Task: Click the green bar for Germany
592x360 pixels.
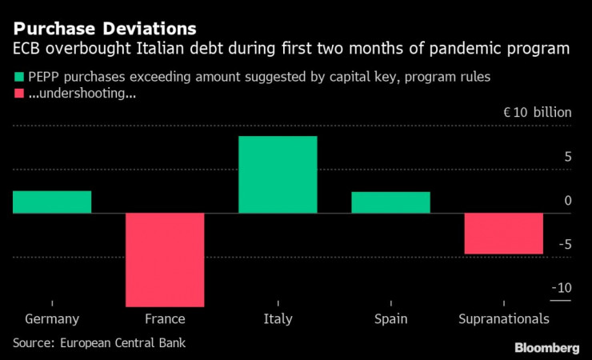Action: [52, 202]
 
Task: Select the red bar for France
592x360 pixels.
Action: [164, 259]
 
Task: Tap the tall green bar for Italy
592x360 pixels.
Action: [278, 175]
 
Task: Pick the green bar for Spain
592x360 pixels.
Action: [390, 203]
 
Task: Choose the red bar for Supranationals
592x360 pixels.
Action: [503, 233]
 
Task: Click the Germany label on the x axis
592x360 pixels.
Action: [52, 319]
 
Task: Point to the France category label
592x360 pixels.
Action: [165, 319]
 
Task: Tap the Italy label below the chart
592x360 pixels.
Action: [278, 319]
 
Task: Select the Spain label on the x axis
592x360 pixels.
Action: [390, 319]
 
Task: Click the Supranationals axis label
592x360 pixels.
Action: [504, 319]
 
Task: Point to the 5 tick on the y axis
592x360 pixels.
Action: [567, 157]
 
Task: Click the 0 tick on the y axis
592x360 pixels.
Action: [567, 201]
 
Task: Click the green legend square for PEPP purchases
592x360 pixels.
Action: [18, 78]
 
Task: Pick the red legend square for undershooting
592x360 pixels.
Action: [18, 95]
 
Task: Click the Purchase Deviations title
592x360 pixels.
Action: [105, 29]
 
